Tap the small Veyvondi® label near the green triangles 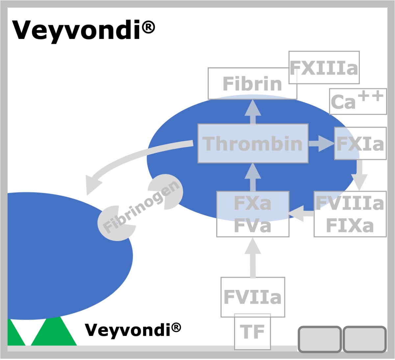tap(133, 330)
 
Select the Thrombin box tap(253, 143)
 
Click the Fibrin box tap(252, 83)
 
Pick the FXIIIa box tap(324, 68)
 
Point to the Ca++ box tap(358, 101)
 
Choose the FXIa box tap(360, 143)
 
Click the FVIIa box tap(252, 297)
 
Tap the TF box tap(252, 332)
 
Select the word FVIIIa tap(350, 203)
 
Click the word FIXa tap(350, 226)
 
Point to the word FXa tap(252, 203)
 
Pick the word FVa tap(252, 226)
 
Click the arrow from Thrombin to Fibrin tap(253, 112)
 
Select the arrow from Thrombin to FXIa tap(322, 144)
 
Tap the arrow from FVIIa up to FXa tap(253, 257)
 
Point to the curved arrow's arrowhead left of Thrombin tap(92, 184)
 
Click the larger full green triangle tap(54, 331)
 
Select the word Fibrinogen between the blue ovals tap(141, 207)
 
